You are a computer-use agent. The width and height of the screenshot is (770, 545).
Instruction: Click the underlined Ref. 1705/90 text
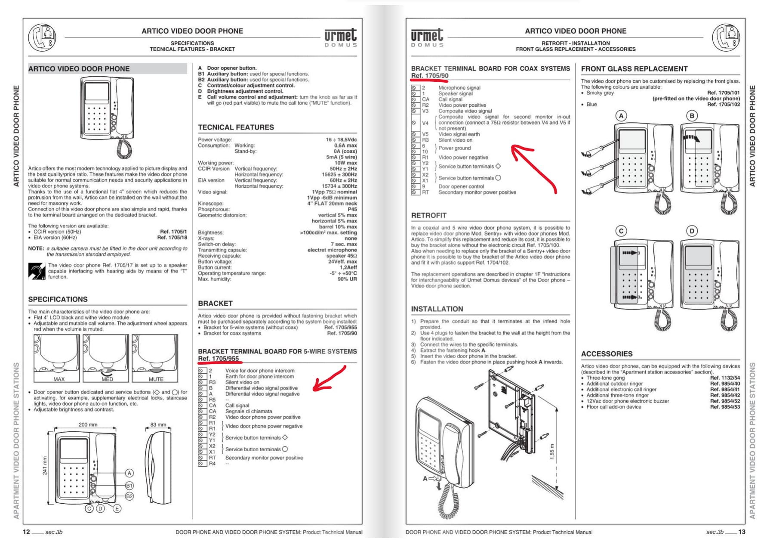429,76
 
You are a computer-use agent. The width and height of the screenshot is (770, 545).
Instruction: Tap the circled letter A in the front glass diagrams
621,115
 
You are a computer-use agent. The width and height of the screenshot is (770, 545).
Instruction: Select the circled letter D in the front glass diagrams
692,231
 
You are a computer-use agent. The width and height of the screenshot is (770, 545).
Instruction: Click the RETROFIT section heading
428,215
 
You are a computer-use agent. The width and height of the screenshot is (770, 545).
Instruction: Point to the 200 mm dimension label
88,424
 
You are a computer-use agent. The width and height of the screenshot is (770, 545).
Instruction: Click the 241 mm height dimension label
45,465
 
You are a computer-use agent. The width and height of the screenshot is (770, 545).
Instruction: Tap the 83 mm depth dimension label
158,424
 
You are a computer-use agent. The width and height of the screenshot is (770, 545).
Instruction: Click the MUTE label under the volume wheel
156,379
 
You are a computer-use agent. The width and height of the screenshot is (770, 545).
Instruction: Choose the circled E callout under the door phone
117,508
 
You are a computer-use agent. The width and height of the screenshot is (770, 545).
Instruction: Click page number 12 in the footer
26,532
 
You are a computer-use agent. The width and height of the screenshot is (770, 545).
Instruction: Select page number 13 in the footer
742,532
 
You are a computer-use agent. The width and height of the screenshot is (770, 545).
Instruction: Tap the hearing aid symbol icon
37,271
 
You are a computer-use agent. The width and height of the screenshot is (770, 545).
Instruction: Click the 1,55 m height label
552,452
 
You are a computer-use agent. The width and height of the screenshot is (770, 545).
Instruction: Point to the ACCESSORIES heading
607,354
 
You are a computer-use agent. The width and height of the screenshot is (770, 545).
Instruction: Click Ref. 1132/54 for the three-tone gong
725,378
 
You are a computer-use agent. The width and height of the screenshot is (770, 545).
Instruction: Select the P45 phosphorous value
352,209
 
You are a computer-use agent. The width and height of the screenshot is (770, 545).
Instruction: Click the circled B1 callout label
129,485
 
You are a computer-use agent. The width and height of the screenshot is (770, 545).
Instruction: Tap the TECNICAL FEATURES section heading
236,127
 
